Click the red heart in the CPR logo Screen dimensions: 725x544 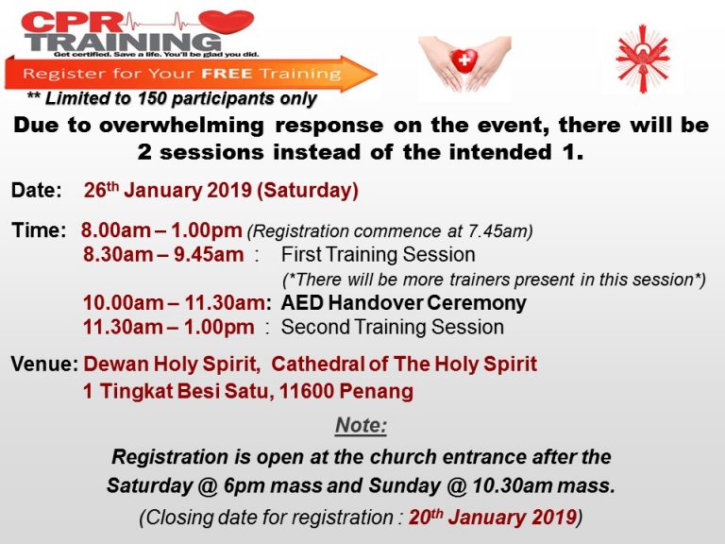click(x=227, y=22)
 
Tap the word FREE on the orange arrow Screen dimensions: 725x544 click(x=227, y=74)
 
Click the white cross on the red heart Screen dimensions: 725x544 click(x=464, y=59)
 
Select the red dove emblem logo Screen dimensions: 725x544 click(x=643, y=59)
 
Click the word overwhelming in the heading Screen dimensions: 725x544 click(x=181, y=126)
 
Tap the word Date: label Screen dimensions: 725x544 click(x=37, y=190)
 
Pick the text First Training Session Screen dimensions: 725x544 click(x=379, y=255)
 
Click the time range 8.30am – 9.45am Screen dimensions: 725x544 click(x=163, y=255)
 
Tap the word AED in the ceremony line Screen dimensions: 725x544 click(x=302, y=303)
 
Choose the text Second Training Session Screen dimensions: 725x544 click(x=392, y=327)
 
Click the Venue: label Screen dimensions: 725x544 click(x=45, y=364)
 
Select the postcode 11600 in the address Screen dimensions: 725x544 click(x=307, y=391)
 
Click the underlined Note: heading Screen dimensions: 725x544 click(x=362, y=425)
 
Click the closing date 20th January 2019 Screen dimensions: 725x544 click(x=493, y=517)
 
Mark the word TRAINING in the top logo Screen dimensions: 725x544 click(x=123, y=42)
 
